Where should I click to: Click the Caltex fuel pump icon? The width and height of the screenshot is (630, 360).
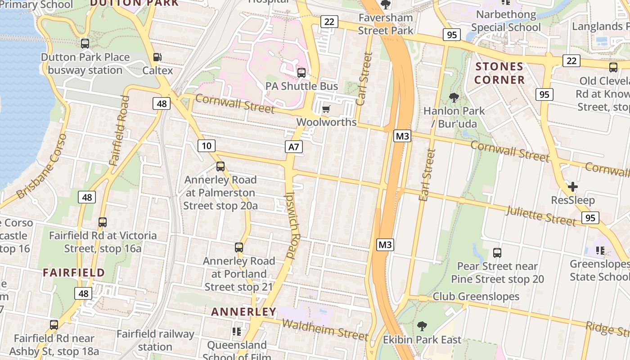(x=157, y=57)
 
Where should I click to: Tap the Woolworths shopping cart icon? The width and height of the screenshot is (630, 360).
(x=326, y=109)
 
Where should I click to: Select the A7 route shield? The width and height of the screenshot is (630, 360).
(x=293, y=147)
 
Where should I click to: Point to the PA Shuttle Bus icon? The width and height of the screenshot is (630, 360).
(x=301, y=72)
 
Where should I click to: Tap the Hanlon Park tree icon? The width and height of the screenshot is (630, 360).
(x=454, y=97)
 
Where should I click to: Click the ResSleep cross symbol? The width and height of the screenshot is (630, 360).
(x=572, y=186)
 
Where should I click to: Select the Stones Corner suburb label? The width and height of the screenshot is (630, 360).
(x=499, y=73)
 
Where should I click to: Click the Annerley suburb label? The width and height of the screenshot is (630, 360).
(x=243, y=311)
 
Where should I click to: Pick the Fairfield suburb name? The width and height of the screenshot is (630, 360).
(x=74, y=272)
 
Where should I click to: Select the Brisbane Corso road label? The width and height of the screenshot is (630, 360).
(x=42, y=166)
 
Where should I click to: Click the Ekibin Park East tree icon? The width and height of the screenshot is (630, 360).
(x=422, y=326)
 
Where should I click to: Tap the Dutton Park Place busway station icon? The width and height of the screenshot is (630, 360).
(x=85, y=44)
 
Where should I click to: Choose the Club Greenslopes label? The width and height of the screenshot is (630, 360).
(x=476, y=297)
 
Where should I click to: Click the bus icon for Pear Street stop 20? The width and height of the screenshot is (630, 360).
(x=497, y=253)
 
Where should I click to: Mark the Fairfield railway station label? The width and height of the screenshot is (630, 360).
(x=155, y=340)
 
